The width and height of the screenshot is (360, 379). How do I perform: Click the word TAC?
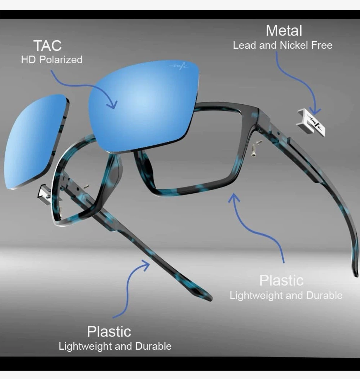(x=47, y=46)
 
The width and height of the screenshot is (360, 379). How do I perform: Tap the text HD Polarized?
(x=52, y=59)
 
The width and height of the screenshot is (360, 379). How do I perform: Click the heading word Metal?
(x=284, y=31)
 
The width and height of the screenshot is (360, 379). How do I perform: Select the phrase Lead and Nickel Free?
(x=283, y=45)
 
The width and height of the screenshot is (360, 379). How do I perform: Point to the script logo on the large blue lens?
(x=179, y=66)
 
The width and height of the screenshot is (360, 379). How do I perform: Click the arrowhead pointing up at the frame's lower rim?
(x=234, y=197)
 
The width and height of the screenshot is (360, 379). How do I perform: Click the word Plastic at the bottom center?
(x=109, y=331)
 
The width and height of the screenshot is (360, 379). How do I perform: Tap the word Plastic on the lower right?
(x=281, y=280)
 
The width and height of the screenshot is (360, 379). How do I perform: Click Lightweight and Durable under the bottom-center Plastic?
(x=115, y=346)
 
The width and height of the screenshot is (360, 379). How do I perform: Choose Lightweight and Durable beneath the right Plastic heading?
(x=286, y=296)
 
